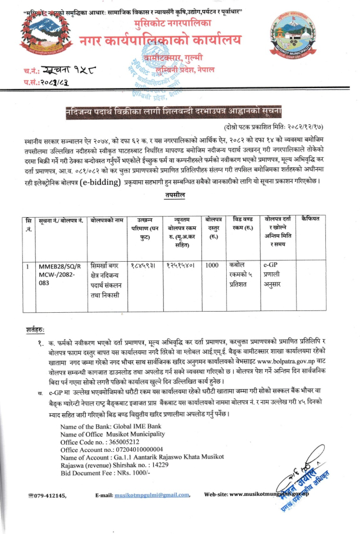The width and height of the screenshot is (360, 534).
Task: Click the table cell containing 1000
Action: (x=212, y=265)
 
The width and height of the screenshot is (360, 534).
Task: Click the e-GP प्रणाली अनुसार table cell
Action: (x=277, y=274)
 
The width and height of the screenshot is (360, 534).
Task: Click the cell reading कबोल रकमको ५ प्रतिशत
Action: (x=243, y=274)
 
